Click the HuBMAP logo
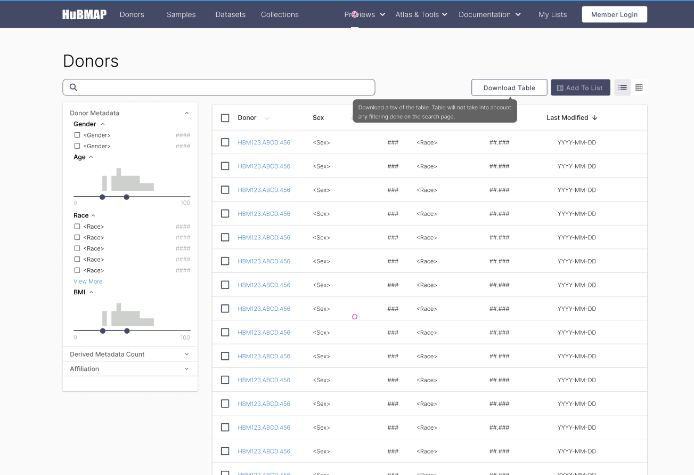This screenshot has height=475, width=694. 84,14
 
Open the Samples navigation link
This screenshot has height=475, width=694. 181,14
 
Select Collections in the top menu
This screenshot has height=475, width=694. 280,14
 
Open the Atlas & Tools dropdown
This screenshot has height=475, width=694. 421,14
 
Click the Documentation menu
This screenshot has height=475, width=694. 489,14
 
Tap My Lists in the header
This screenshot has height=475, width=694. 552,14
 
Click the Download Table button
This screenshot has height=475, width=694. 509,88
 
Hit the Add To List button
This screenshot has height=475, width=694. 579,88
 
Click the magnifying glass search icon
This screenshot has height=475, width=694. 74,87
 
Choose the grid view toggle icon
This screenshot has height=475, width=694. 639,87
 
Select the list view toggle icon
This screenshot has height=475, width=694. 623,87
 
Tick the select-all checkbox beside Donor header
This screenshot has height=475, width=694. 225,118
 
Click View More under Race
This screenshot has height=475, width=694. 88,281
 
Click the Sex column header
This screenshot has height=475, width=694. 318,118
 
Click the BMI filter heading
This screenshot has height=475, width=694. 80,292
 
